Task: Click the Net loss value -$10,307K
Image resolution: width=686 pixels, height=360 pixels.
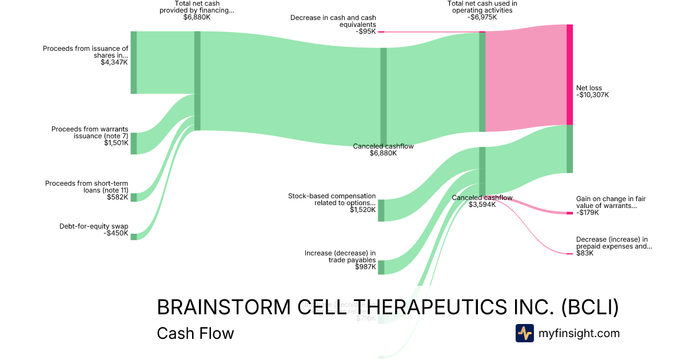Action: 593,95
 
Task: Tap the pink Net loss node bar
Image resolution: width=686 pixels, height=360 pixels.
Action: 569,74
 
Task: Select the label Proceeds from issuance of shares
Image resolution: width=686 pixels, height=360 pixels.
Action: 86,52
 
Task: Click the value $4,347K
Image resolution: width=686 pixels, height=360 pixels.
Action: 114,62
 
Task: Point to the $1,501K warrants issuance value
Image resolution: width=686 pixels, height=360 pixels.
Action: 116,143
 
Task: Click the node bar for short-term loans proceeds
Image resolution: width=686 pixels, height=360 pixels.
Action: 134,197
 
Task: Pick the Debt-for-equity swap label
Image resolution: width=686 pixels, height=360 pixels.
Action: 94,226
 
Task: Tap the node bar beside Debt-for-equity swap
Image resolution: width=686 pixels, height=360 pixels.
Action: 134,237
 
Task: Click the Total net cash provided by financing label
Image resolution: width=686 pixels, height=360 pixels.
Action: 197,7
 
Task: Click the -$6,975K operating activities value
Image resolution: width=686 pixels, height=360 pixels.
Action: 482,17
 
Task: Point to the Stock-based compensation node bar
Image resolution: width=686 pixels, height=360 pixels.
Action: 381,210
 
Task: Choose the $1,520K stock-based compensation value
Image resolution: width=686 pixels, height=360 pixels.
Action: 363,210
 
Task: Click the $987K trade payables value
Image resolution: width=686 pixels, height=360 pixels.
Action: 365,267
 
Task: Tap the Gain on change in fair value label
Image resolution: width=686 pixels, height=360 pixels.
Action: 611,202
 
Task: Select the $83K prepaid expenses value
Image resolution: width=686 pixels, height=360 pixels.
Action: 585,253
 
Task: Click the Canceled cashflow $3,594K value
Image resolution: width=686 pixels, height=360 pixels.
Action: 482,205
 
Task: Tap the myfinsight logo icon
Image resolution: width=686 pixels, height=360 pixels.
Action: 524,333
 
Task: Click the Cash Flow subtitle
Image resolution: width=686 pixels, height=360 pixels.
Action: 195,333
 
